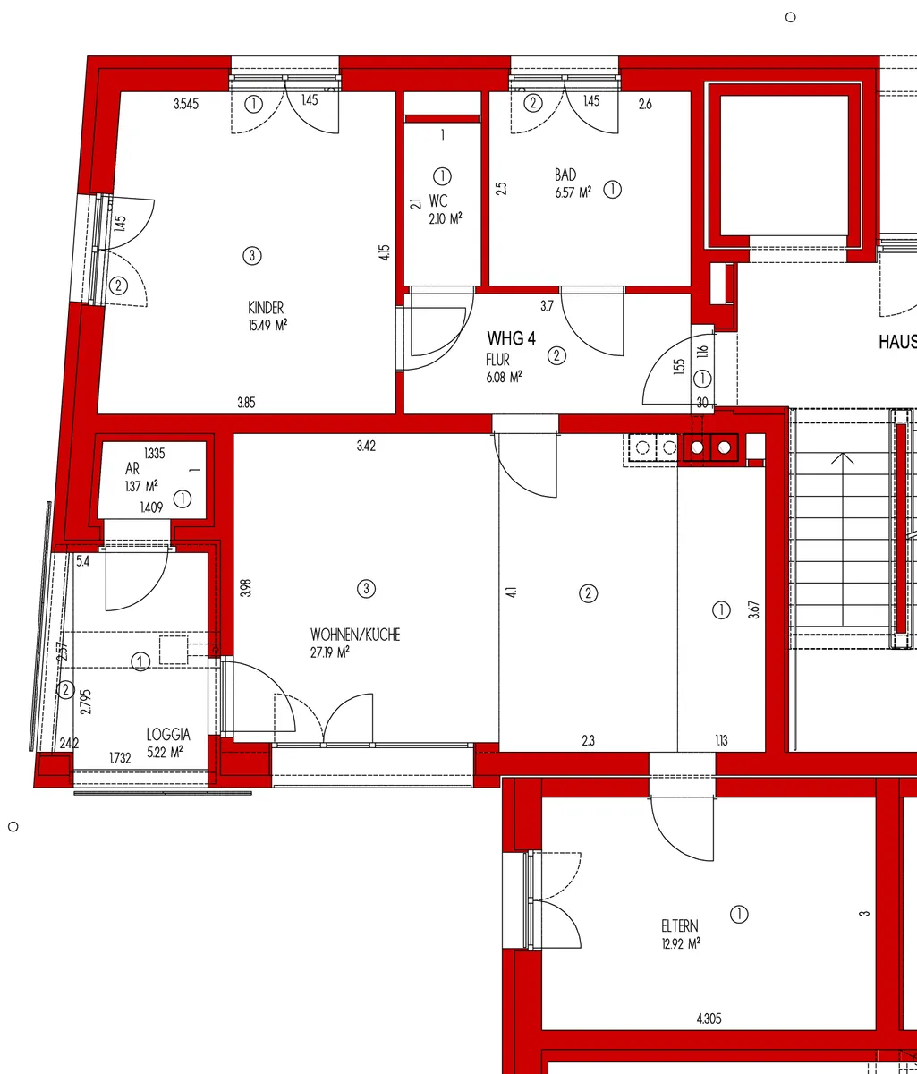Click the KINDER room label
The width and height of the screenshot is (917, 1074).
266,308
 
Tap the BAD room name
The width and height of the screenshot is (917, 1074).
565,175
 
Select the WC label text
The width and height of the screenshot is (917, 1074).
438,201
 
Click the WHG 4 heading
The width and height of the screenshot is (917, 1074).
511,339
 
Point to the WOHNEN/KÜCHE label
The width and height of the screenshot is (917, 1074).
355,635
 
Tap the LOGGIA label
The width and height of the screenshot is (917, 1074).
168,735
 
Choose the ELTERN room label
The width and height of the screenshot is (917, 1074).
680,926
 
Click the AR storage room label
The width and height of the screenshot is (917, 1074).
132,469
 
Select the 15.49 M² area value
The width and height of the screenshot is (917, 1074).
267,326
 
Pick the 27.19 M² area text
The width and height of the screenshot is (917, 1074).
330,652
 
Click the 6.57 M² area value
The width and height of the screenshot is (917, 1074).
573,192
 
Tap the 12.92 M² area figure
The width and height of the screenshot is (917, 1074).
681,943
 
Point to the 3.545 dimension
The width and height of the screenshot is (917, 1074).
186,104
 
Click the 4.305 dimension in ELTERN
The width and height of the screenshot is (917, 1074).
709,1019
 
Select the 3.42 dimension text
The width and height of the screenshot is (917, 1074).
366,446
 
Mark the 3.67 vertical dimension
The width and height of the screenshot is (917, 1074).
754,609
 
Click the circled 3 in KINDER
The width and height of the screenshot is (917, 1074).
252,256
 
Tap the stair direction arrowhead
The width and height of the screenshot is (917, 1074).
842,457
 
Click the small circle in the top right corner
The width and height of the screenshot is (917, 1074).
790,17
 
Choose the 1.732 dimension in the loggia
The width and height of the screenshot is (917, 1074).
120,758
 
